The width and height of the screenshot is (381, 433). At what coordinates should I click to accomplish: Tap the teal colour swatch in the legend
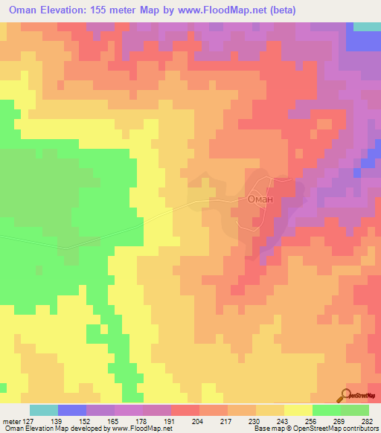[x=44, y=410]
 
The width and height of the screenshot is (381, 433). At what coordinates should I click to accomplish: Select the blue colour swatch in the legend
[x=72, y=410]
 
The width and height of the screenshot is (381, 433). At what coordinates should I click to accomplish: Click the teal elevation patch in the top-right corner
[x=367, y=26]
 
